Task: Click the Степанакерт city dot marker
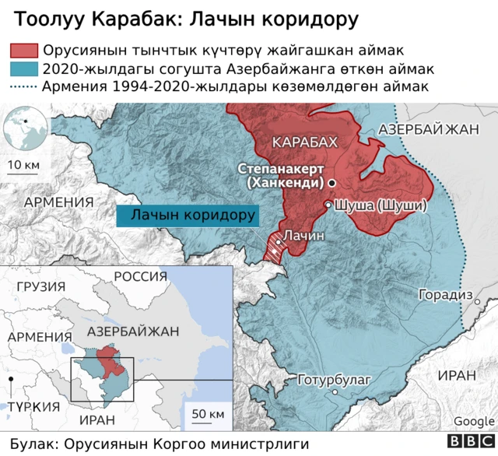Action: [x=332, y=182]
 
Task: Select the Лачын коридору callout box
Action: [x=187, y=215]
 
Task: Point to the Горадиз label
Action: [x=445, y=295]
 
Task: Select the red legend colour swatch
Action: [x=23, y=51]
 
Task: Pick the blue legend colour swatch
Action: [x=23, y=68]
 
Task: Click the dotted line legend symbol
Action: [x=23, y=86]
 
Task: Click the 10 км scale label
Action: [x=23, y=165]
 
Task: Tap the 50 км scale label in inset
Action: [x=208, y=412]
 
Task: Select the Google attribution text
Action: [x=474, y=421]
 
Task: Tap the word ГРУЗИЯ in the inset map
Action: [x=40, y=286]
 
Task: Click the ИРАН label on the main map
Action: [x=455, y=374]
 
